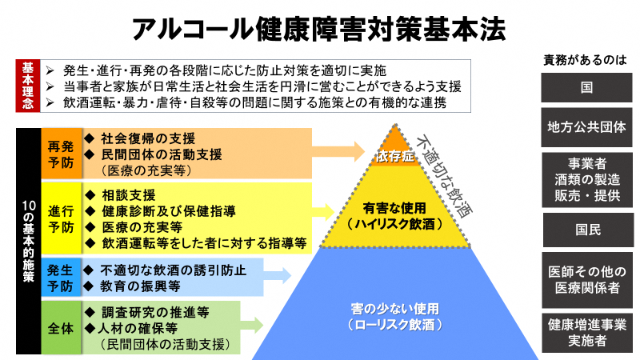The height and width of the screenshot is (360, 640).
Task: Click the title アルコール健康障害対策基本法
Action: pyautogui.click(x=319, y=29)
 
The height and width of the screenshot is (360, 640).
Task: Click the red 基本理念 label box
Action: pyautogui.click(x=27, y=86)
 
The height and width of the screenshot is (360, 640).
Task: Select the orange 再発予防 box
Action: pyautogui.click(x=60, y=152)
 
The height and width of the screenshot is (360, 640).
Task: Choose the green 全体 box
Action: pyautogui.click(x=60, y=327)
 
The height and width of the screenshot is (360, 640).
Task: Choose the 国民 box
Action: pyautogui.click(x=586, y=230)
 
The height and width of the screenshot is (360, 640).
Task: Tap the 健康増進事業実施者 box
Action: pyautogui.click(x=586, y=332)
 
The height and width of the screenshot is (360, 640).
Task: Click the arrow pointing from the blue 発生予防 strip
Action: pyautogui.click(x=276, y=276)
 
